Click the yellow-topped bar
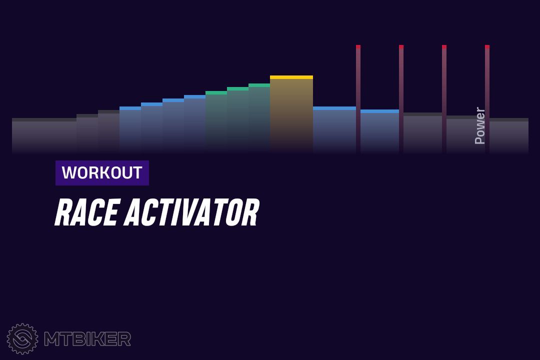point(291,113)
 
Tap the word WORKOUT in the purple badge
point(102,172)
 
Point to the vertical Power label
point(479,125)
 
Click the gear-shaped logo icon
point(22,338)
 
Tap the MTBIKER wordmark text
point(87,339)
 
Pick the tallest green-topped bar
point(259,118)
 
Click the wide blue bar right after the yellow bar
point(334,129)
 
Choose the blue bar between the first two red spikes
point(380,131)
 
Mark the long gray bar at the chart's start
point(44,135)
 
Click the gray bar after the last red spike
point(509,135)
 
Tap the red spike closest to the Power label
point(487,98)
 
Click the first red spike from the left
point(358,98)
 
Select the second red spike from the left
point(401,98)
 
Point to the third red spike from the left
point(444,98)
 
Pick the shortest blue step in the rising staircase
point(130,129)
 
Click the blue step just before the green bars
point(194,123)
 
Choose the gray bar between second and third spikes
point(422,132)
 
